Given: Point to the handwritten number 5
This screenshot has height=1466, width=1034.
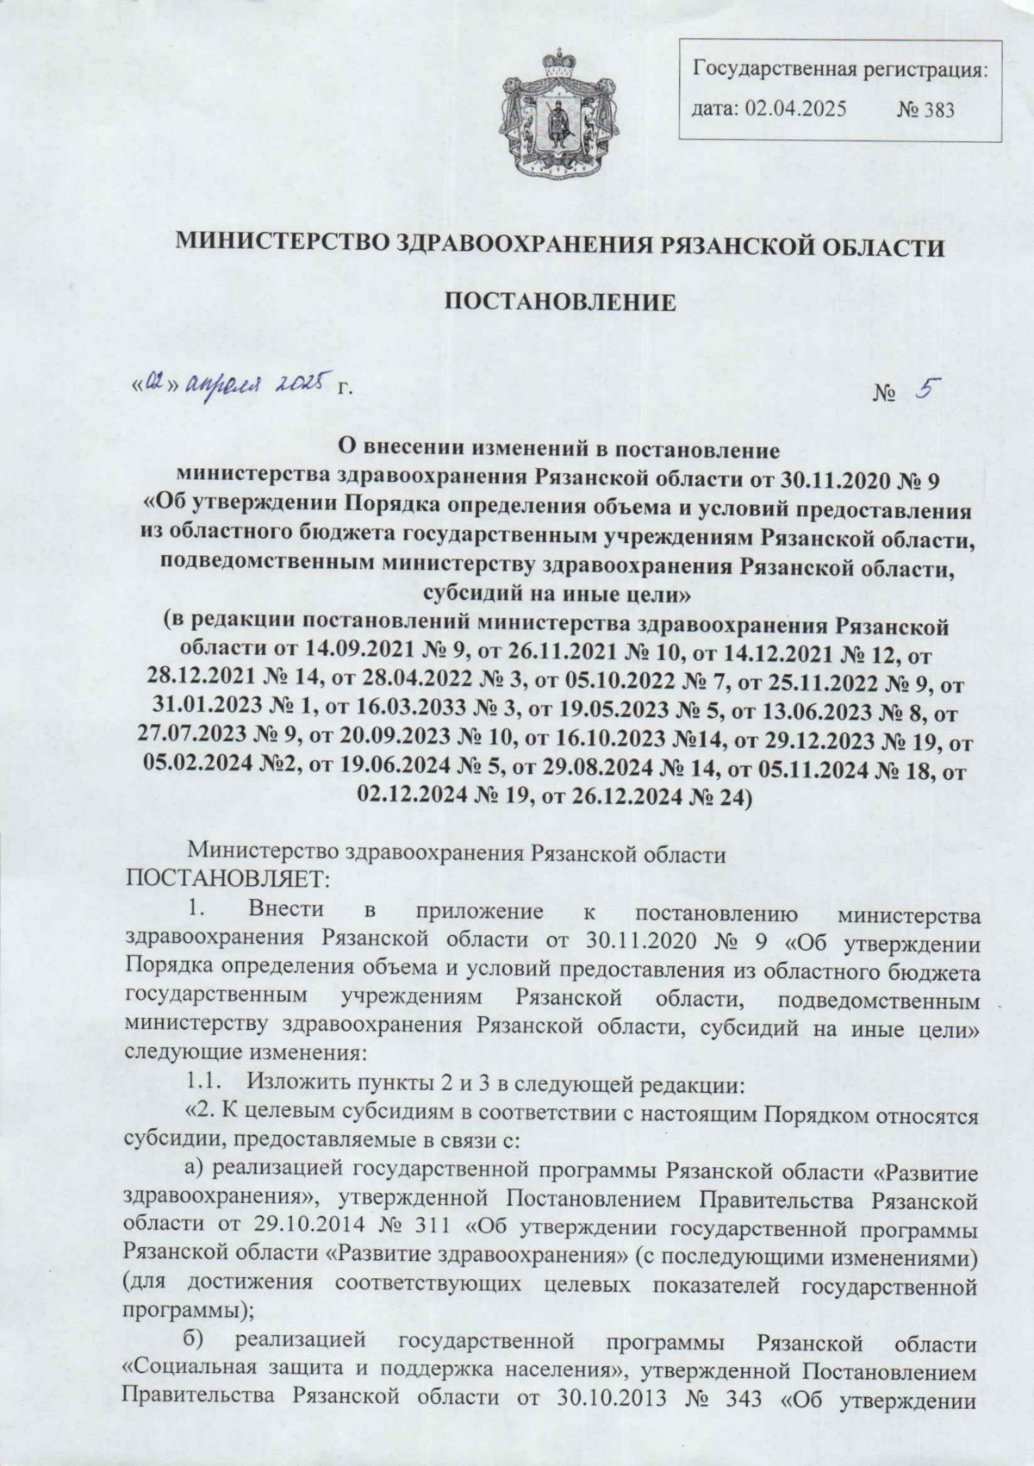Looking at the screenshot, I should [x=927, y=390].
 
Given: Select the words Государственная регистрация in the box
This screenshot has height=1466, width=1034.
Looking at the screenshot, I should [x=839, y=70].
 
